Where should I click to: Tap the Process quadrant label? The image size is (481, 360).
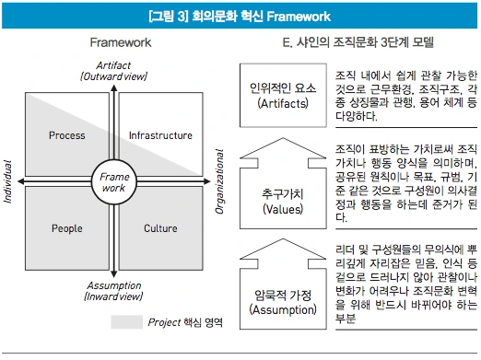point(67,135)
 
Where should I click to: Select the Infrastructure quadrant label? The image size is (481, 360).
point(160,135)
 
